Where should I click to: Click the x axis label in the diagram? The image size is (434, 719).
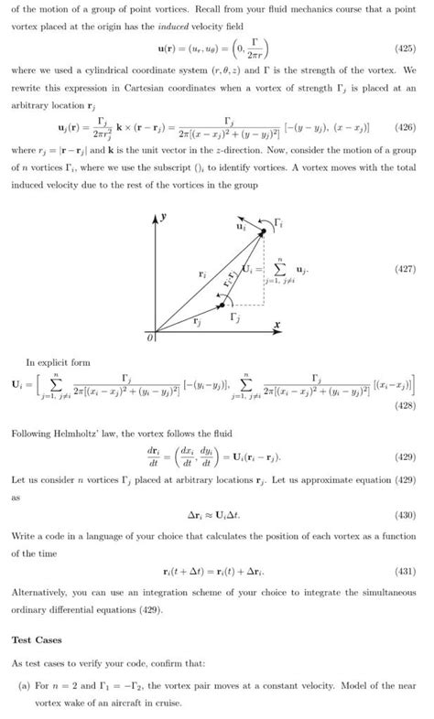pos(276,325)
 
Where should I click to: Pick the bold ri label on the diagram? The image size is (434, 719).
pos(201,273)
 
